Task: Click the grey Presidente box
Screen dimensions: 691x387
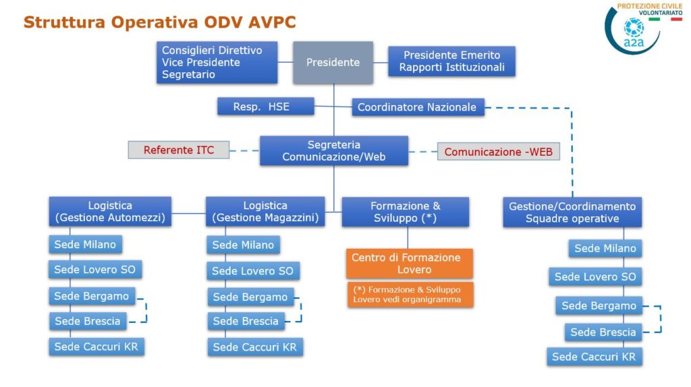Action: click(x=333, y=63)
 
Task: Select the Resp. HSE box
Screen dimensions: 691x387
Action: click(x=266, y=107)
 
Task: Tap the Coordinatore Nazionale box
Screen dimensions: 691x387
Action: click(x=418, y=107)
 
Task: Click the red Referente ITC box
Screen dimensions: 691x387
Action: click(x=178, y=150)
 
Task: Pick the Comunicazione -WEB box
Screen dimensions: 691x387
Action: click(x=499, y=152)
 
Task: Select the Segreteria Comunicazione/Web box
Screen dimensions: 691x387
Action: click(x=334, y=150)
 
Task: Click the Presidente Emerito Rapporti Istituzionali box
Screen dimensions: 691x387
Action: click(x=451, y=61)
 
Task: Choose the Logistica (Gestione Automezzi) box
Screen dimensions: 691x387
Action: click(x=110, y=211)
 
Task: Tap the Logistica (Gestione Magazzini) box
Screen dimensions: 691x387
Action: click(x=265, y=211)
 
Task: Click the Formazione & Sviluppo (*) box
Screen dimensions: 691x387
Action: click(x=406, y=212)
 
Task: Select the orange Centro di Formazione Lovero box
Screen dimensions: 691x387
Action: click(x=410, y=264)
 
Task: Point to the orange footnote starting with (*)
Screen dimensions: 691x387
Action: click(x=410, y=295)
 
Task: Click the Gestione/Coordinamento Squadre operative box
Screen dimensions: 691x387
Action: click(x=572, y=212)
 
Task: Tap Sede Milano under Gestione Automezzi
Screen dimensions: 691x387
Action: click(x=86, y=244)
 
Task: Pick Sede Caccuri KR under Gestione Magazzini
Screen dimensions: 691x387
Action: click(x=255, y=347)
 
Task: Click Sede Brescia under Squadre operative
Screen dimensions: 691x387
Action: click(x=603, y=332)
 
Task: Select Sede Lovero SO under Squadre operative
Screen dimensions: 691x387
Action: click(x=595, y=276)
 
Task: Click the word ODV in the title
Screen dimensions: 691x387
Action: click(x=224, y=22)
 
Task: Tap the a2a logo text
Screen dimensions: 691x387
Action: click(x=634, y=42)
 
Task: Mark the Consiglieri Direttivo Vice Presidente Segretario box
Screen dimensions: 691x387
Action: click(x=217, y=63)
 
